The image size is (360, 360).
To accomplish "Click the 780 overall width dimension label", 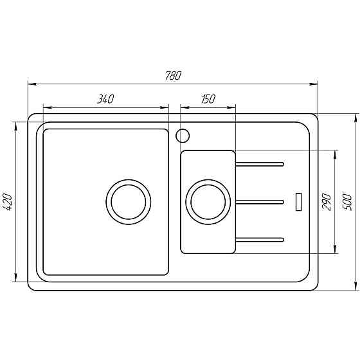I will point(173,75).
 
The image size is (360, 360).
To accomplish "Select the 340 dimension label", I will point(105,99).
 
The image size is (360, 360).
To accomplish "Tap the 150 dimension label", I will point(208,99).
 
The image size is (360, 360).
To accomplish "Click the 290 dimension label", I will point(327,201).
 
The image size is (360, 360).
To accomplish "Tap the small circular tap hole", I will point(182,135).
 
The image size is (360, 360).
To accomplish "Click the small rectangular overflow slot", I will point(298,201).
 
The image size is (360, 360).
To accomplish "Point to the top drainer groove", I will point(260,165).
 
